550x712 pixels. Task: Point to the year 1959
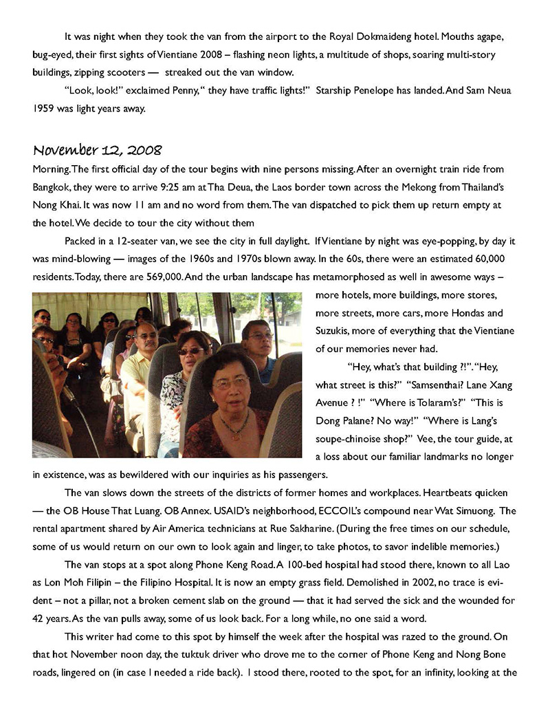tap(45, 108)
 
